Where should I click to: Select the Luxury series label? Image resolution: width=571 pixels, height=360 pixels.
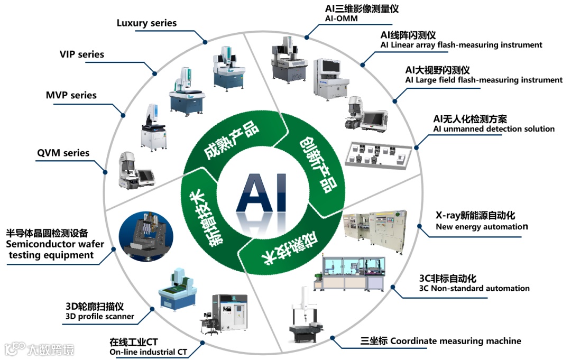[x=146, y=23]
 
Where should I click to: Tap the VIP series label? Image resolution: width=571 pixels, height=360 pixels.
[x=81, y=54]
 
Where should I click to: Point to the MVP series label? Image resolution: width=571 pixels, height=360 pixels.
[x=71, y=96]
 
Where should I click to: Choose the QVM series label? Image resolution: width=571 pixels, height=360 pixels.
[x=63, y=153]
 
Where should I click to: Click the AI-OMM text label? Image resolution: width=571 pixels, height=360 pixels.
[x=342, y=19]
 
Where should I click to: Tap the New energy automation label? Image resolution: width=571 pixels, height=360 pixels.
[x=482, y=227]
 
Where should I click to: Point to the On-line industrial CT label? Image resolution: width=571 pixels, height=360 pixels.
[x=148, y=352]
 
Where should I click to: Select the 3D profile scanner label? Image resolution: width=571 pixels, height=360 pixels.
[x=99, y=317]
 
